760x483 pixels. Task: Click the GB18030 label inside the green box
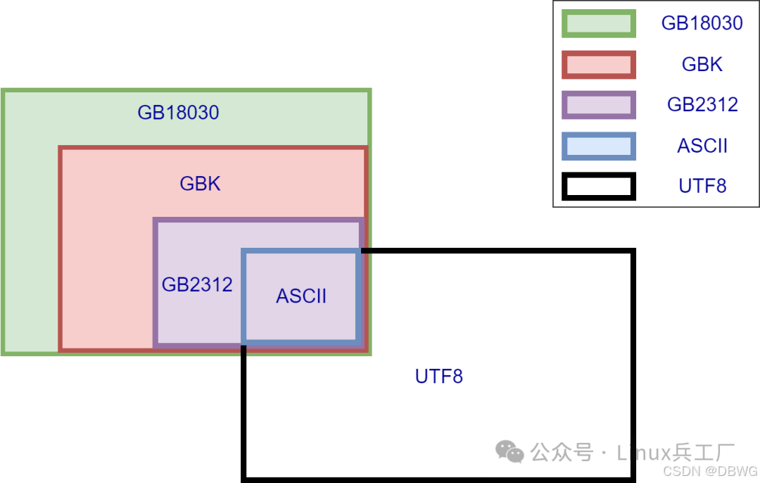click(x=178, y=113)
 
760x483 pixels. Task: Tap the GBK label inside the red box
click(x=201, y=184)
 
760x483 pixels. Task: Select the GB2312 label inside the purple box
click(x=197, y=284)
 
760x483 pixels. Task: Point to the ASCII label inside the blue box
click(x=301, y=296)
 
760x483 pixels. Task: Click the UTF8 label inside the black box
click(x=439, y=376)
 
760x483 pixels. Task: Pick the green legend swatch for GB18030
click(x=599, y=23)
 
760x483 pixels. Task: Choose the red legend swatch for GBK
click(x=599, y=65)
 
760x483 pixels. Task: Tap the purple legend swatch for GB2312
click(x=599, y=106)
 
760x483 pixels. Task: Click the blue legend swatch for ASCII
click(x=599, y=146)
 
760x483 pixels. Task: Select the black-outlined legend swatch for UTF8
click(x=599, y=187)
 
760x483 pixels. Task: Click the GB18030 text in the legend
click(x=702, y=23)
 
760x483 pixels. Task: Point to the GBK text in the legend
click(x=702, y=65)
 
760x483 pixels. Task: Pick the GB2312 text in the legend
click(x=702, y=106)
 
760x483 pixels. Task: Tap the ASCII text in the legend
click(x=702, y=146)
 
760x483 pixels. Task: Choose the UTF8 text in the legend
click(x=702, y=187)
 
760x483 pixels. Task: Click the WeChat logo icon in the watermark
click(x=510, y=451)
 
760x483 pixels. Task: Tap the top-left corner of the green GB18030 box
click(x=4, y=91)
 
